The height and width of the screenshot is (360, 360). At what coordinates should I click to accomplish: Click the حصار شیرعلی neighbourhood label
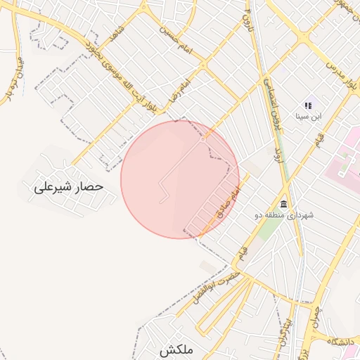pyautogui.click(x=68, y=187)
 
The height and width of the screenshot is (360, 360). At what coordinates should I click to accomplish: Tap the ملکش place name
pyautogui.click(x=175, y=349)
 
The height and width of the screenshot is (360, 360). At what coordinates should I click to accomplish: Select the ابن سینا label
pyautogui.click(x=309, y=117)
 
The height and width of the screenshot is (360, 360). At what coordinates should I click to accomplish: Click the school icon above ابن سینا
pyautogui.click(x=309, y=105)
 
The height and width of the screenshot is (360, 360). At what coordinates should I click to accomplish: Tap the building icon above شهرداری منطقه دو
pyautogui.click(x=283, y=202)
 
